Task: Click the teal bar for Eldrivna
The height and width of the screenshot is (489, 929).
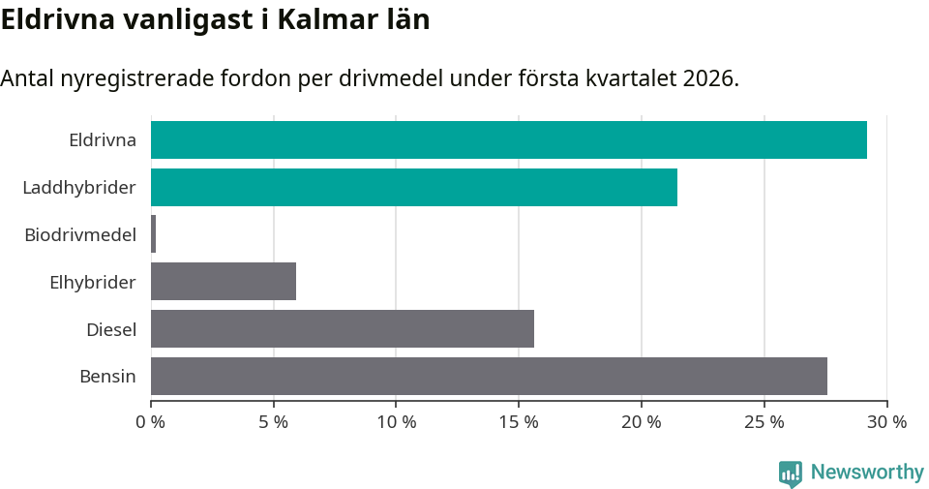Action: click(x=508, y=139)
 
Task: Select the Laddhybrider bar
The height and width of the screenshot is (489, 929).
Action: click(x=413, y=187)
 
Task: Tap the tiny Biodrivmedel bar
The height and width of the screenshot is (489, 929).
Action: click(x=153, y=234)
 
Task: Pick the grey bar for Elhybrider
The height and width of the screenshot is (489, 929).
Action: click(x=223, y=282)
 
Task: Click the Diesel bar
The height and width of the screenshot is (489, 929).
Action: click(x=342, y=328)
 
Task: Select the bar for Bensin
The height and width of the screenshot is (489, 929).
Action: click(x=489, y=376)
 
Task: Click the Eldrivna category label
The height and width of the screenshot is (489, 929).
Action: click(x=103, y=139)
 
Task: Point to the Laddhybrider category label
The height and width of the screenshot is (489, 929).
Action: click(x=79, y=187)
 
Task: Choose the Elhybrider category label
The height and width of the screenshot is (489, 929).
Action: click(x=93, y=282)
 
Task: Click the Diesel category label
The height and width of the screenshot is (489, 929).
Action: click(x=111, y=329)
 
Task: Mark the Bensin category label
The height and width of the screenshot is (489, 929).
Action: click(x=107, y=376)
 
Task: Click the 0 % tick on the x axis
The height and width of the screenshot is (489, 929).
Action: click(x=151, y=422)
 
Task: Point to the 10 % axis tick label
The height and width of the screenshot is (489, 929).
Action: click(x=396, y=422)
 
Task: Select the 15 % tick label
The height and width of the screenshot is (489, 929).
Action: click(x=519, y=422)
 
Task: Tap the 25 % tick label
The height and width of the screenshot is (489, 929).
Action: click(x=764, y=422)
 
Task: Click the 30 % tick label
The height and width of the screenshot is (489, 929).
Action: click(x=886, y=422)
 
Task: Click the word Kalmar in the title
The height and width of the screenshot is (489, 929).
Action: click(x=321, y=19)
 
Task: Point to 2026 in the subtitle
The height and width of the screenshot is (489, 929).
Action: click(x=706, y=78)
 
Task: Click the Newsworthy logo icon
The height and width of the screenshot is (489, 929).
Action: click(x=791, y=474)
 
